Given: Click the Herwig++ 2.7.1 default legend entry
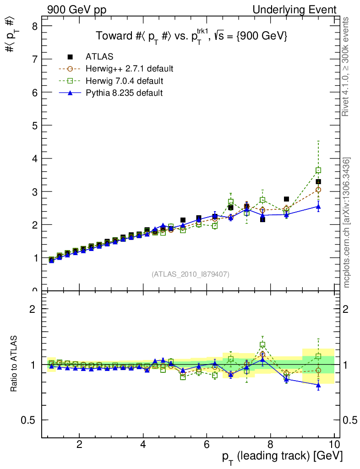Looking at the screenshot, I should [129, 69].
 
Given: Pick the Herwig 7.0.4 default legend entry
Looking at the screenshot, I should [125, 81].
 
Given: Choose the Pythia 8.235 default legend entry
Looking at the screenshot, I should [124, 93].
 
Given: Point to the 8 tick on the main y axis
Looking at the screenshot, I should [34, 26].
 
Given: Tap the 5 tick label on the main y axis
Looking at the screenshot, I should [34, 125].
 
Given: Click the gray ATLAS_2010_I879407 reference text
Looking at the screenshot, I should [191, 274].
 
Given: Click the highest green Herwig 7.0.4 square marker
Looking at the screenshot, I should [318, 170].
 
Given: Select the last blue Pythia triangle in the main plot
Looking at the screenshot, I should [318, 207].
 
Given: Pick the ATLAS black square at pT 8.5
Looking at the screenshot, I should [286, 199].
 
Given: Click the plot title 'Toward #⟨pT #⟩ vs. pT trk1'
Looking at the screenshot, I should [191, 37].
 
